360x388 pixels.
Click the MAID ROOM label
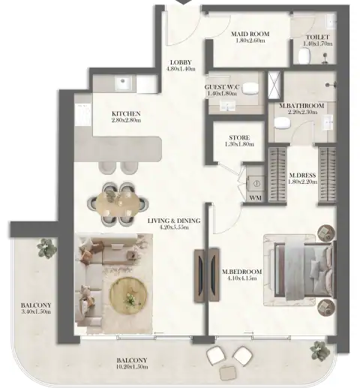tap(250, 34)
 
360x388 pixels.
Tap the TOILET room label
tap(318, 37)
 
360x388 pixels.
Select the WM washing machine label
tap(255, 197)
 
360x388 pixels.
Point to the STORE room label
tap(239, 137)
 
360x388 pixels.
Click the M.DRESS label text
tap(302, 175)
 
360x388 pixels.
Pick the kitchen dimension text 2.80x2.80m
tap(126, 120)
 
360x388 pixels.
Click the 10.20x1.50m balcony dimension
tap(132, 367)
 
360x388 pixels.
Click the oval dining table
tap(118, 203)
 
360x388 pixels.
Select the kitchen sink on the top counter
tap(122, 83)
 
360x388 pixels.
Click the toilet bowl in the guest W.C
tap(250, 88)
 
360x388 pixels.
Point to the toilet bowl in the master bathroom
tap(283, 123)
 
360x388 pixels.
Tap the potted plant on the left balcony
tap(46, 248)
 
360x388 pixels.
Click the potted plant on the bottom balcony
tap(319, 350)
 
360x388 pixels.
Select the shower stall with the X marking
tap(274, 85)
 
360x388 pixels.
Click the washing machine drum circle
tap(256, 184)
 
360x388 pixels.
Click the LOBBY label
tap(181, 62)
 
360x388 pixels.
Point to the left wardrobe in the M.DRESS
tap(277, 175)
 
